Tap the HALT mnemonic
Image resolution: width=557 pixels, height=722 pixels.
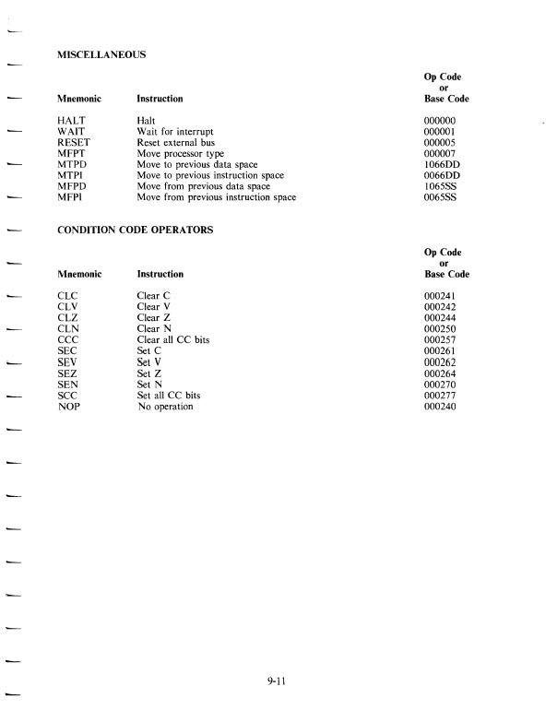coord(71,121)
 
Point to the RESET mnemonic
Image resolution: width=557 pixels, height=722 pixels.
coord(74,142)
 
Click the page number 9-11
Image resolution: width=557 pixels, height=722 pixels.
coord(278,683)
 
